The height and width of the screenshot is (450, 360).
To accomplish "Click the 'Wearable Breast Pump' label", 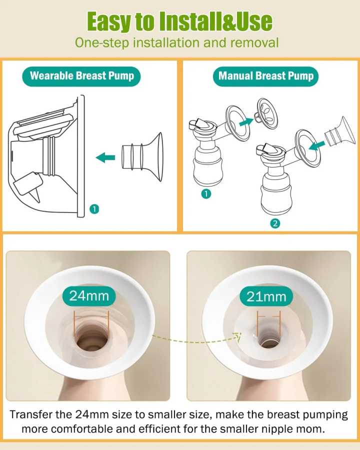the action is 81,76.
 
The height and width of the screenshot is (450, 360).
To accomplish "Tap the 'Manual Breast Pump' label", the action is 265,76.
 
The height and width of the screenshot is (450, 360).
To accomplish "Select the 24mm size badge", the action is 89,296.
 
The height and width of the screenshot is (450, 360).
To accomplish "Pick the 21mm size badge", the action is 266,296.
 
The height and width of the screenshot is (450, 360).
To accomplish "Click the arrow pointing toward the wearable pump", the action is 105,157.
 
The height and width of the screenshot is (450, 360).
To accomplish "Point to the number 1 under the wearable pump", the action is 94,209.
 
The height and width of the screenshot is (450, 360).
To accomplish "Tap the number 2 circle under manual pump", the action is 275,223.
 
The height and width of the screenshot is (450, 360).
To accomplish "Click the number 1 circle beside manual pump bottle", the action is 206,193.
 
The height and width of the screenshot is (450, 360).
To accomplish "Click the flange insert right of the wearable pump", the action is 142,156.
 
